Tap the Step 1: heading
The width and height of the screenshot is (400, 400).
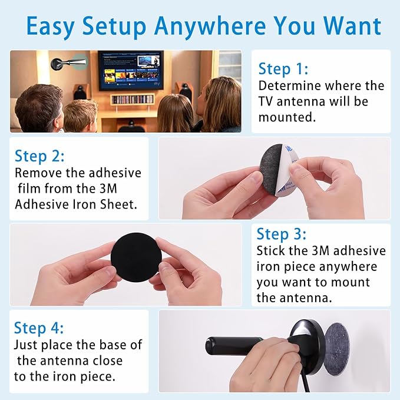pos(283,69)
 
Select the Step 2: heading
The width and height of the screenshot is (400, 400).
pos(39,156)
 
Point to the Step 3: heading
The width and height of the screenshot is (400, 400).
pos(282,234)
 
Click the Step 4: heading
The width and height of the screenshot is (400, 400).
pos(39,328)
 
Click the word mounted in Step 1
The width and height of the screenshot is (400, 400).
pos(287,117)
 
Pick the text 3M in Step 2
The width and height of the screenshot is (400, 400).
pos(108,189)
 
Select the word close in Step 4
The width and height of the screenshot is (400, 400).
pos(108,361)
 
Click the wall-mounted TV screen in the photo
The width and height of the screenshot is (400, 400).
pos(131,70)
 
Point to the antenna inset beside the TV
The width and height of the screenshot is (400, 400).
pos(70,63)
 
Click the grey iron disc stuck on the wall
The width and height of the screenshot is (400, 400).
pos(337,345)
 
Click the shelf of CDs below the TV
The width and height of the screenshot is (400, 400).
pos(132,99)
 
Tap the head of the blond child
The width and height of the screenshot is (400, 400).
pos(80,115)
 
